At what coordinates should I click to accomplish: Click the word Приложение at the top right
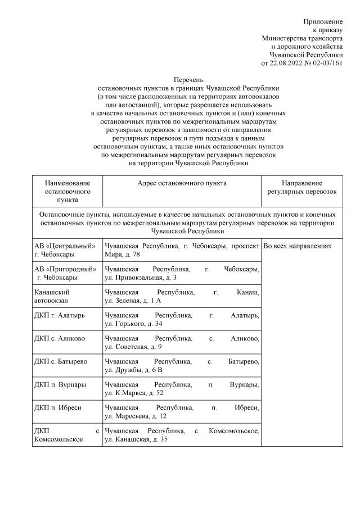tap(323, 21)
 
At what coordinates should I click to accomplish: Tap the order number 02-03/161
tap(328, 63)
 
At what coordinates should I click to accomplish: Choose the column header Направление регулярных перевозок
tap(301, 188)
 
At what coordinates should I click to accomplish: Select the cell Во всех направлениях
tap(298, 247)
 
